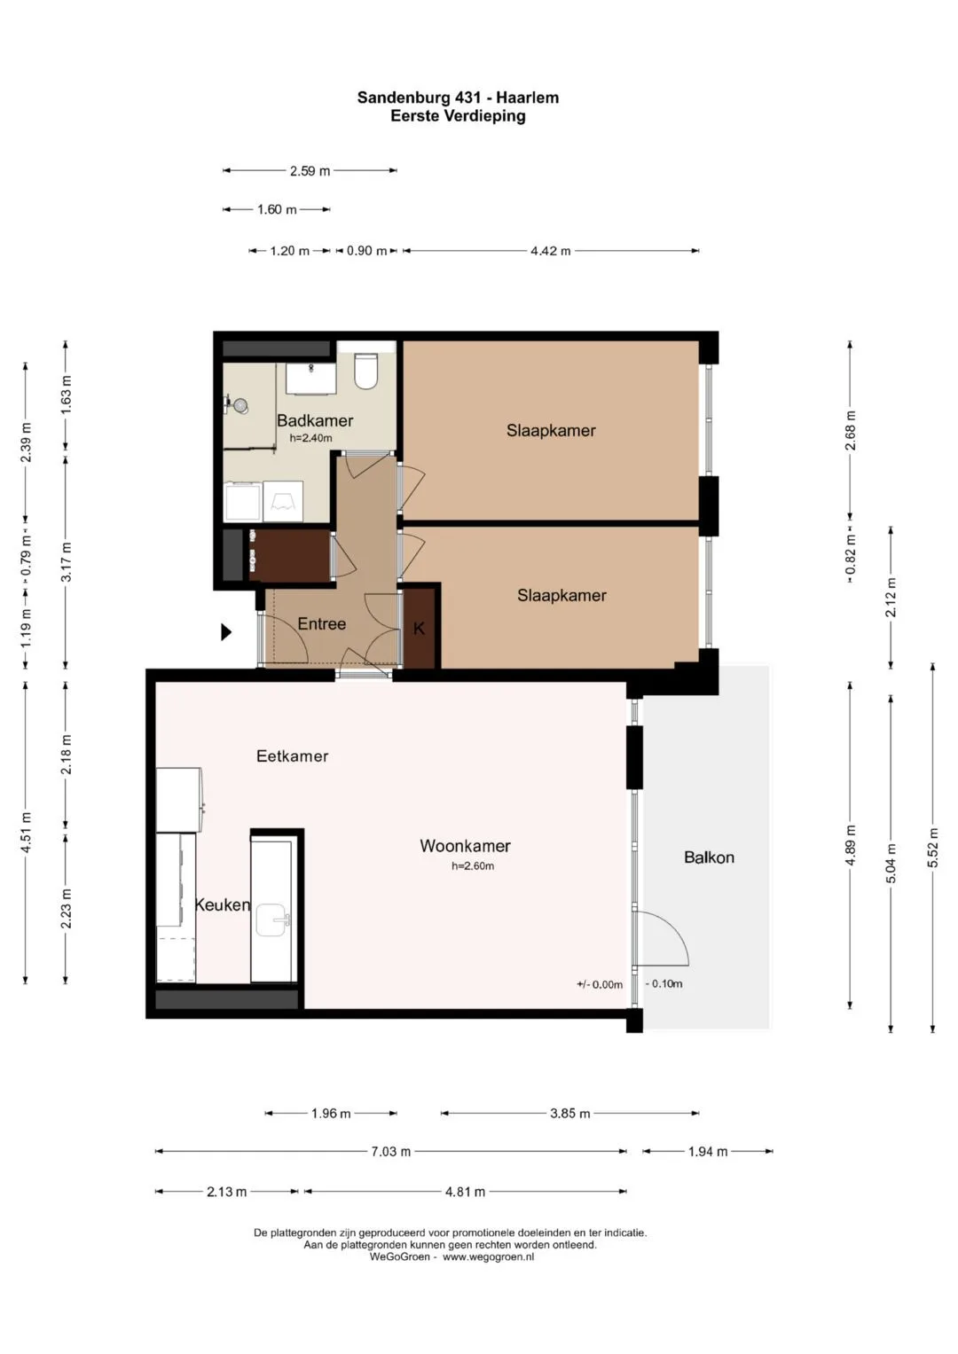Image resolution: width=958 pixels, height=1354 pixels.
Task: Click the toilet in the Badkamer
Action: (x=365, y=371)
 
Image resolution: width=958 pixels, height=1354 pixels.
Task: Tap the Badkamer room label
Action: (x=315, y=420)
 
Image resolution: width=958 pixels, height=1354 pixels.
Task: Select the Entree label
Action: (x=322, y=624)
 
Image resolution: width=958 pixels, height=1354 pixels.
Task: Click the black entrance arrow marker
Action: (x=226, y=631)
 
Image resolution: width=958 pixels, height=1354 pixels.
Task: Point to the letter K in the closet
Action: (x=419, y=629)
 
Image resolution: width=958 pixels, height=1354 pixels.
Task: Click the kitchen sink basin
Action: (x=271, y=920)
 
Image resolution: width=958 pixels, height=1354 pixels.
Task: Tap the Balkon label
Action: (x=709, y=857)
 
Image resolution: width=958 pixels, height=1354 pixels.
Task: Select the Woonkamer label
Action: (x=465, y=846)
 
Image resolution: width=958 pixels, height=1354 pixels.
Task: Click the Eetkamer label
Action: (x=292, y=756)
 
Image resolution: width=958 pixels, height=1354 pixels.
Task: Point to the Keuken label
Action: (x=222, y=904)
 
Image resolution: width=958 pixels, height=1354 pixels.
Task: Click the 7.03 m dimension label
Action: (x=390, y=1152)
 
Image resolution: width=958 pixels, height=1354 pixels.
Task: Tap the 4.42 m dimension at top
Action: (x=550, y=251)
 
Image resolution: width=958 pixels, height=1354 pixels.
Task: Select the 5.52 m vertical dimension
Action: (x=932, y=848)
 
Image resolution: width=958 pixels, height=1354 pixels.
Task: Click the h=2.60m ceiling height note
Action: (x=472, y=866)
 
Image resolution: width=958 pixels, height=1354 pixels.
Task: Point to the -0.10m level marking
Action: (x=664, y=984)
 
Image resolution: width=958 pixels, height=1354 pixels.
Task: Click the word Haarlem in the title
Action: (x=528, y=98)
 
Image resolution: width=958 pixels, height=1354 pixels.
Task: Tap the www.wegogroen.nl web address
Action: (x=488, y=1257)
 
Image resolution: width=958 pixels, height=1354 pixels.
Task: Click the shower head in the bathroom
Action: (x=241, y=405)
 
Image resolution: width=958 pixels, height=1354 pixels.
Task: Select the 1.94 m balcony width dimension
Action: (x=708, y=1152)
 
